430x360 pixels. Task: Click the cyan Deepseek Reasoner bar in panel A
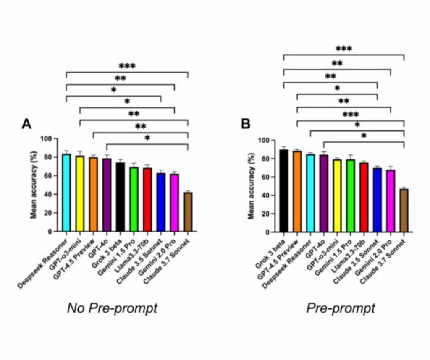pos(66,193)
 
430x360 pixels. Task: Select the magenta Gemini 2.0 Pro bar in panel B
pos(391,201)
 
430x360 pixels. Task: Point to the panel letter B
pos(245,125)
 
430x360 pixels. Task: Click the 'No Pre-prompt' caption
pos(112,308)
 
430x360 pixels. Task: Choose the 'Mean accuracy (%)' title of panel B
pos(251,186)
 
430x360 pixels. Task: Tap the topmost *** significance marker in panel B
pos(343,49)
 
